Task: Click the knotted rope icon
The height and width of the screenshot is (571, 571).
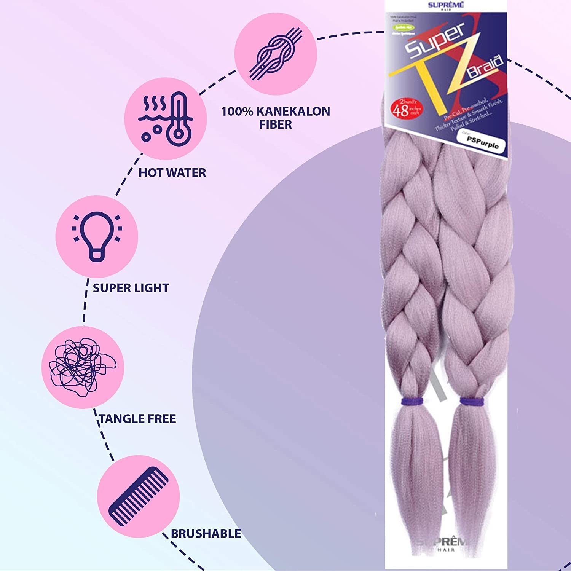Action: click(x=276, y=53)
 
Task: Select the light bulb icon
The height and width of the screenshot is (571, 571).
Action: click(x=97, y=236)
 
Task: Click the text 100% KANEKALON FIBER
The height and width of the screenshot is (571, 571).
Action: click(x=276, y=118)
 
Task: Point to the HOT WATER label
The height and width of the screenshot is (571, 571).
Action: click(x=172, y=173)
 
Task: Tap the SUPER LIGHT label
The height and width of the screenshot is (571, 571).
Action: click(x=131, y=288)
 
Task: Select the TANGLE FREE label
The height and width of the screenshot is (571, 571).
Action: click(x=137, y=419)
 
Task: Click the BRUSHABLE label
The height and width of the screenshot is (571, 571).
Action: click(x=206, y=534)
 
